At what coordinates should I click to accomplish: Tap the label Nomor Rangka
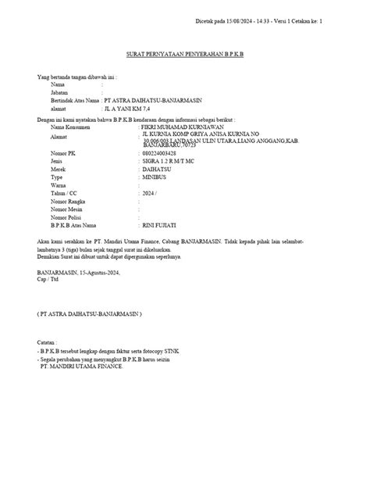click(x=68, y=201)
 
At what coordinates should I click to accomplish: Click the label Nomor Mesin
click(x=66, y=209)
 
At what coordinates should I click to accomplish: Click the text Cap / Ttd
click(x=49, y=280)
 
